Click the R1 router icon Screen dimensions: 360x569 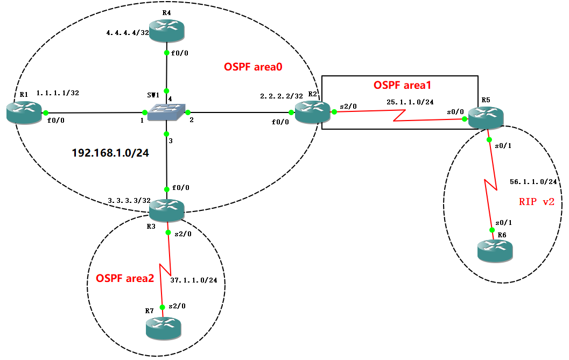click(x=24, y=112)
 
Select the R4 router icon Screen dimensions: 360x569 click(x=167, y=31)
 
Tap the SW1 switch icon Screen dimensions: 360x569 click(x=166, y=112)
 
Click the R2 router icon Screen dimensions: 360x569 click(x=312, y=112)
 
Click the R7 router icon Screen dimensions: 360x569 click(x=164, y=328)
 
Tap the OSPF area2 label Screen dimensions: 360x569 click(x=125, y=278)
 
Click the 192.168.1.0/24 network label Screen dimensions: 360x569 click(x=110, y=153)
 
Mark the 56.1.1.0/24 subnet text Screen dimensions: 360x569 click(x=533, y=182)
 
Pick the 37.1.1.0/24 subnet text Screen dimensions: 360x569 click(x=193, y=280)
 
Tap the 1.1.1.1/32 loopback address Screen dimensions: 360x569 click(x=58, y=93)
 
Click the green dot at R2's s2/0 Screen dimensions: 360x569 click(x=334, y=112)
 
